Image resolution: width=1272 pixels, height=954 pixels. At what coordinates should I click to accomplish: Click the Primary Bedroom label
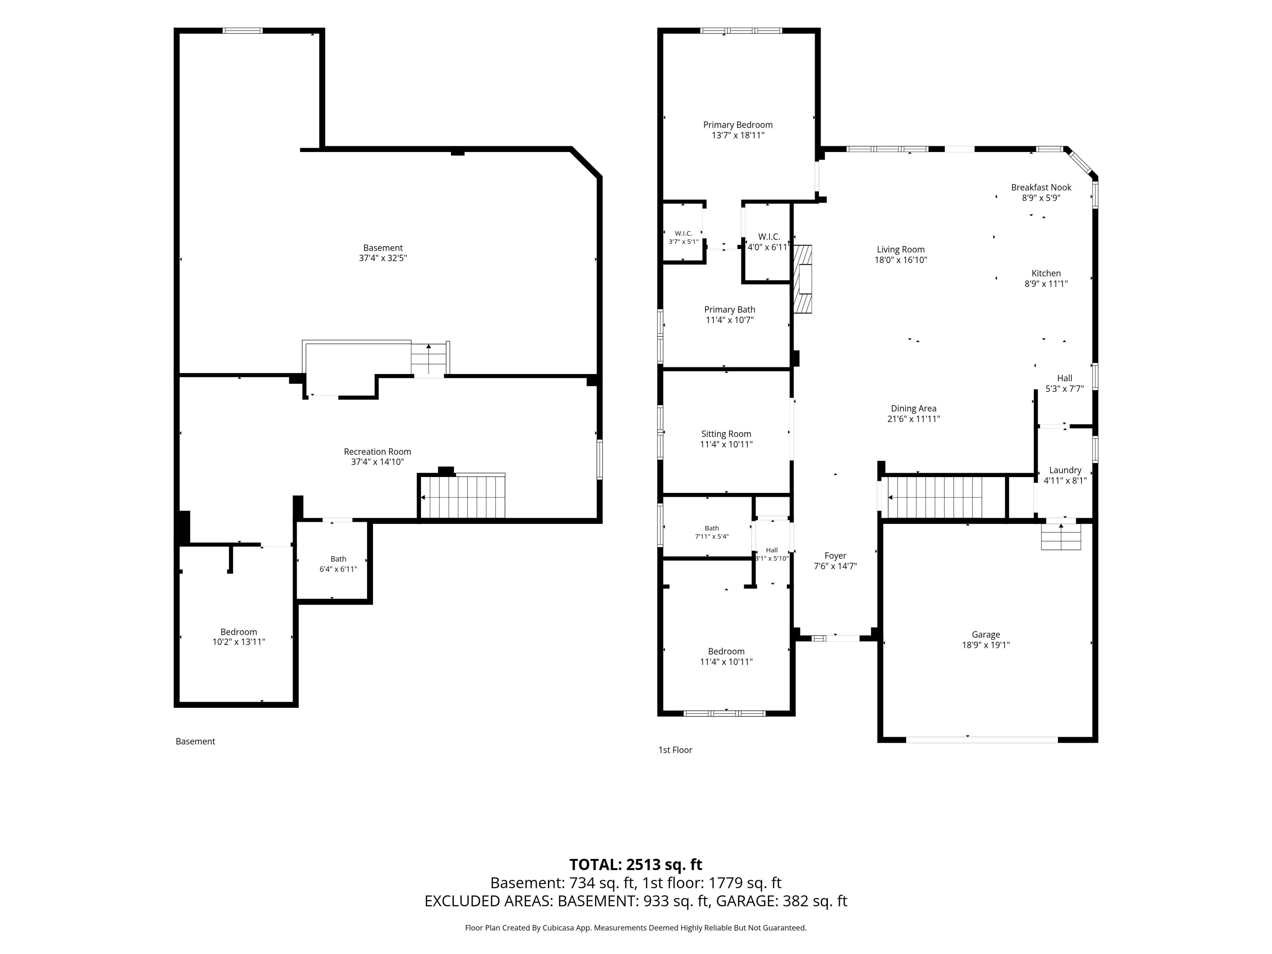pyautogui.click(x=738, y=125)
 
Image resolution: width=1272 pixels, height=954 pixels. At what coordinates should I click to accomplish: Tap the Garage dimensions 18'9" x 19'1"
pyautogui.click(x=985, y=645)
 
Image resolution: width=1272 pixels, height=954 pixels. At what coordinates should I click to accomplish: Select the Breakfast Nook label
pyautogui.click(x=1041, y=187)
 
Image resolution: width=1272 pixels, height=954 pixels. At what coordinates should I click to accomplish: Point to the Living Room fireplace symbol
pyautogui.click(x=803, y=280)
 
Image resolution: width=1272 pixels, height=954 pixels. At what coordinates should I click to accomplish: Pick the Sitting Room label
pyautogui.click(x=726, y=434)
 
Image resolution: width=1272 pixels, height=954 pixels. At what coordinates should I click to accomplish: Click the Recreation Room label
pyautogui.click(x=377, y=452)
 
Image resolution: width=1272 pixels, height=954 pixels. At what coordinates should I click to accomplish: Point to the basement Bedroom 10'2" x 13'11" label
pyautogui.click(x=238, y=637)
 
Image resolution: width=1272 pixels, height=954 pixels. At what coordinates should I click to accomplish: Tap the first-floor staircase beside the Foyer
pyautogui.click(x=935, y=497)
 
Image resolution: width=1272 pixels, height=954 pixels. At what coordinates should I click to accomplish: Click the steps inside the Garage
pyautogui.click(x=1061, y=537)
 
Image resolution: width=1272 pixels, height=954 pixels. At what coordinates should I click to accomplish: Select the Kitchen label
pyautogui.click(x=1046, y=274)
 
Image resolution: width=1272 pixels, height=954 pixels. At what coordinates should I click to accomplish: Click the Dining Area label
pyautogui.click(x=913, y=409)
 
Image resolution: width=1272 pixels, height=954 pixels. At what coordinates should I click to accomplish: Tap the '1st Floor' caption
pyautogui.click(x=675, y=750)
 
